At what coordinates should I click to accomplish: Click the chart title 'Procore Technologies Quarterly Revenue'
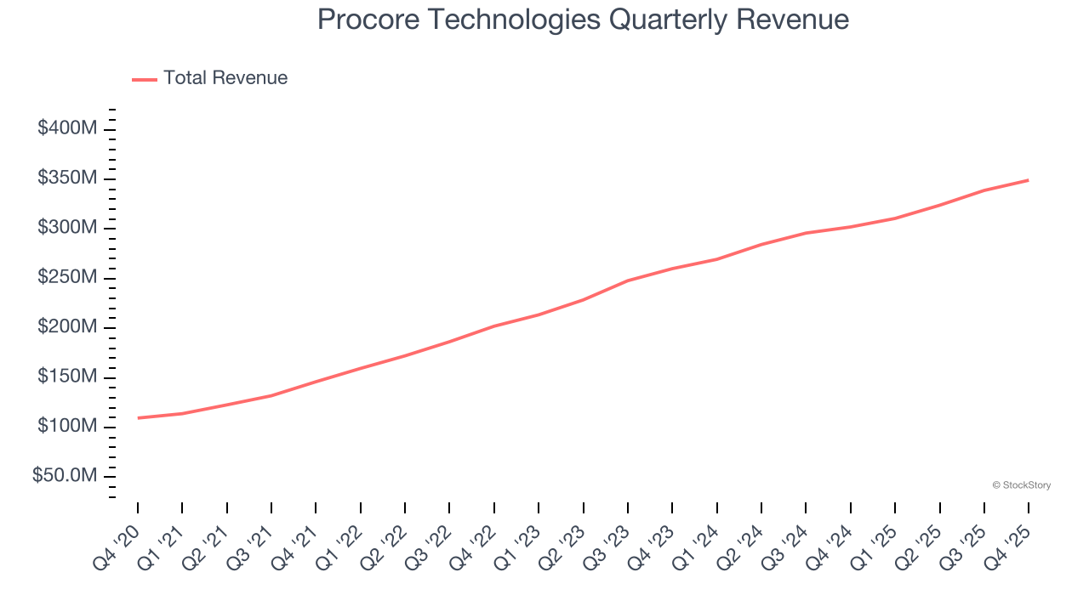[x=583, y=20]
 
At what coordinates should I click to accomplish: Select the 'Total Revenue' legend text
[x=225, y=78]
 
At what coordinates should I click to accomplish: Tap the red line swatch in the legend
[x=145, y=79]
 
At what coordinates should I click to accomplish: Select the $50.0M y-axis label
[x=65, y=476]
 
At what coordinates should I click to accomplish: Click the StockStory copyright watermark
[x=1021, y=485]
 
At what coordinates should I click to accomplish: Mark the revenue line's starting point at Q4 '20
[x=138, y=418]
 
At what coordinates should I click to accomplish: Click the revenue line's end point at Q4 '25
[x=1029, y=180]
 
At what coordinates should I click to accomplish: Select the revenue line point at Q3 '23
[x=628, y=280]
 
